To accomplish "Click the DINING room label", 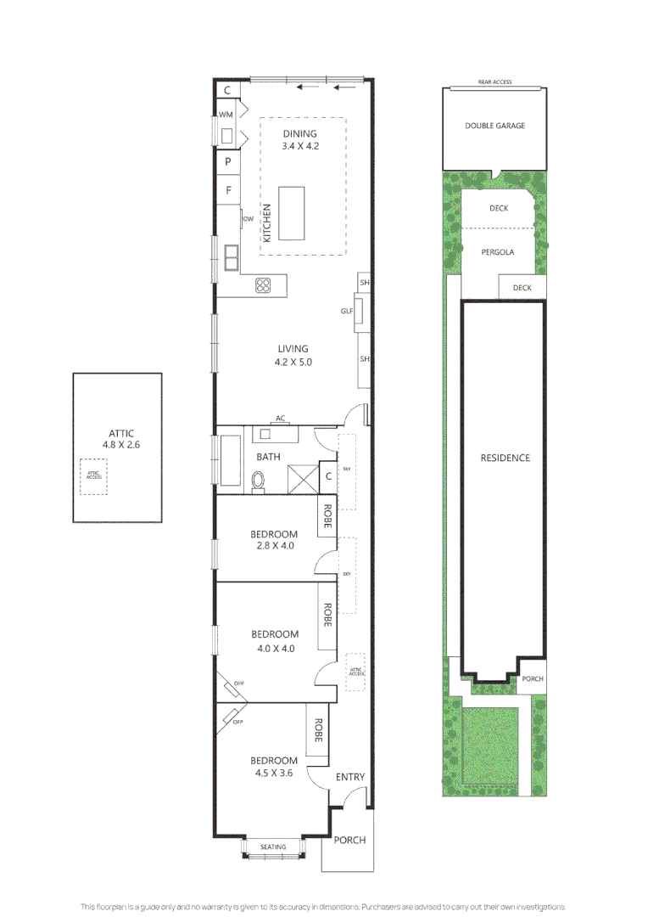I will (299, 133).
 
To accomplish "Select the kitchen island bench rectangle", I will (291, 214).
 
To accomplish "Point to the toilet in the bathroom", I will (259, 481).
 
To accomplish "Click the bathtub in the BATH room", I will (230, 461).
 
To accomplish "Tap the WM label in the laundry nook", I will (226, 115).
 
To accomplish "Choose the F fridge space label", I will (228, 190).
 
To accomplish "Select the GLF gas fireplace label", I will (347, 311).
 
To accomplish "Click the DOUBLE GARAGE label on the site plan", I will (494, 126).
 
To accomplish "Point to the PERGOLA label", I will (497, 252).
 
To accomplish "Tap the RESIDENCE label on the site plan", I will (505, 458).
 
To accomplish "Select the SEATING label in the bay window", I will (272, 847).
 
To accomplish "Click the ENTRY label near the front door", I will (350, 777).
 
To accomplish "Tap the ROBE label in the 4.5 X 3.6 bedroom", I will (318, 730).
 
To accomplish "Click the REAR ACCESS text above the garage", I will (494, 82).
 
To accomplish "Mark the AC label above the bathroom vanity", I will (279, 419).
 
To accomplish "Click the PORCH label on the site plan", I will (532, 679).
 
